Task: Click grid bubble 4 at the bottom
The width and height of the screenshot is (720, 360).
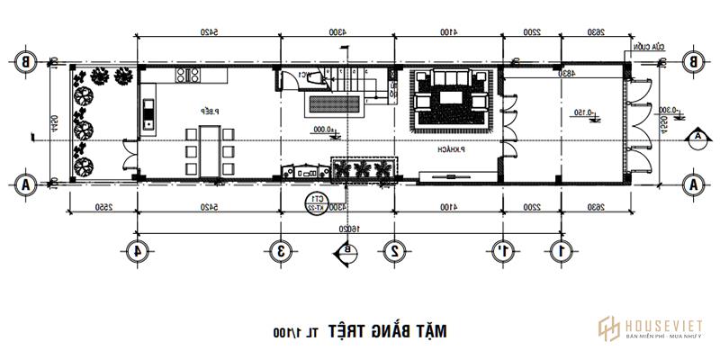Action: click(x=137, y=250)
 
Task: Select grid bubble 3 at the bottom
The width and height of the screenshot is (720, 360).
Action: click(x=281, y=250)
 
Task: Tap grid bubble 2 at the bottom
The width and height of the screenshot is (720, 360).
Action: click(x=394, y=250)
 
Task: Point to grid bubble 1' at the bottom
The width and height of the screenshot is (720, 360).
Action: click(x=501, y=250)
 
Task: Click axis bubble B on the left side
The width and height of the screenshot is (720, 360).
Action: click(x=26, y=62)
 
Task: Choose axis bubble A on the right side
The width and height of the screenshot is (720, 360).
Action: click(x=692, y=184)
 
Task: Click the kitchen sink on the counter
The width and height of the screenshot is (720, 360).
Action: click(x=148, y=114)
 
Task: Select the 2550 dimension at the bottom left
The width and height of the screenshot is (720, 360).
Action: click(x=101, y=207)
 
